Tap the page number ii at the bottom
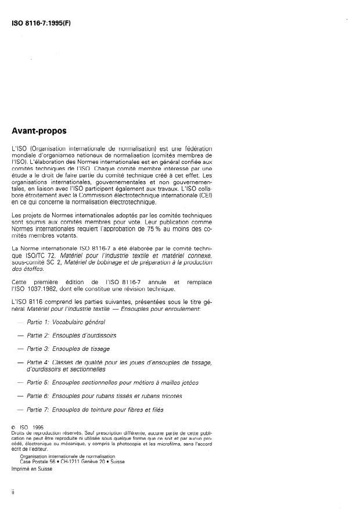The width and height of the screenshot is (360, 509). coord(13,492)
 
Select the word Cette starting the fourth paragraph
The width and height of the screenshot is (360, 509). coord(20,282)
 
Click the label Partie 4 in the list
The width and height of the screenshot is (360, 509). coord(39,362)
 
